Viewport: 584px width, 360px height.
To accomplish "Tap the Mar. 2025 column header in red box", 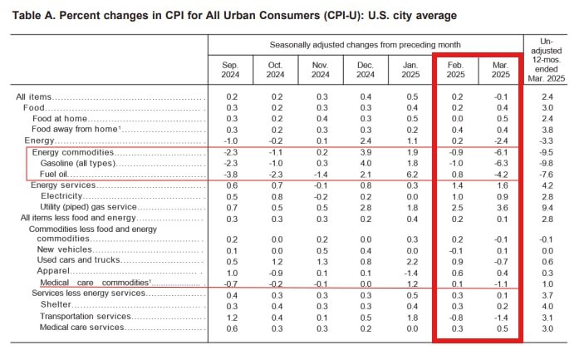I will tap(500, 70).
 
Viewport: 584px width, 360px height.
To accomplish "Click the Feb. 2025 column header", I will tap(455, 70).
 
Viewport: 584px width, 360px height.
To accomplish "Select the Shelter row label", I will tap(56, 305).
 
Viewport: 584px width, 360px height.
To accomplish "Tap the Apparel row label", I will tap(55, 272).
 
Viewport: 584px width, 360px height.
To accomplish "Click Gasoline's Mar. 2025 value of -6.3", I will tap(499, 164).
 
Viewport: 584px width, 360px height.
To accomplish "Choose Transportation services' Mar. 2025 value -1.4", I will tap(499, 316).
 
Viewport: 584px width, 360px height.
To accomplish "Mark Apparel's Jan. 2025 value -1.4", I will tap(410, 272).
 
